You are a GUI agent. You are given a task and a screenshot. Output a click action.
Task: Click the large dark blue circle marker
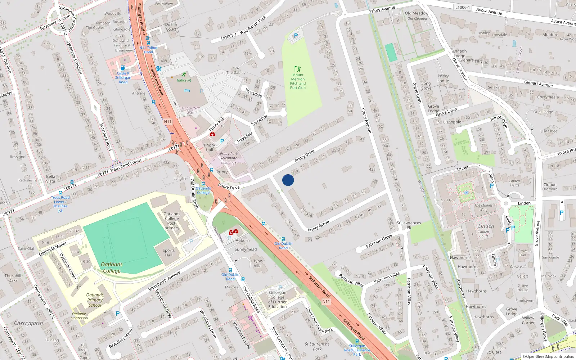[x=288, y=180]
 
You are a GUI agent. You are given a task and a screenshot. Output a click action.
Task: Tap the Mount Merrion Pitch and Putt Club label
[x=298, y=81]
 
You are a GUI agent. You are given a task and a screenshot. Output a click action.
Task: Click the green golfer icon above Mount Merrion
[x=297, y=68]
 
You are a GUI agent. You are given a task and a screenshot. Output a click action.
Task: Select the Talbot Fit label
[x=184, y=80]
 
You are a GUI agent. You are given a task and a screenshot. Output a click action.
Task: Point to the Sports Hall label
[x=168, y=253]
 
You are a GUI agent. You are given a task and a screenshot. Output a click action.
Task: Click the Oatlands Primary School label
[x=95, y=300]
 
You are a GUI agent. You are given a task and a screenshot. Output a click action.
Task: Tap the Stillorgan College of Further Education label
[x=277, y=300]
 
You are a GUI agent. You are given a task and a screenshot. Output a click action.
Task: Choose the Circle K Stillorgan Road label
[x=123, y=77]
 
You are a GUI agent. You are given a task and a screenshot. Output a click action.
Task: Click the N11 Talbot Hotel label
[x=148, y=50]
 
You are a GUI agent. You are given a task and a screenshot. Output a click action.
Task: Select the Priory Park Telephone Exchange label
[x=229, y=158]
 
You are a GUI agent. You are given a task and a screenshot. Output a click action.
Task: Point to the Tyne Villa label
[x=258, y=263]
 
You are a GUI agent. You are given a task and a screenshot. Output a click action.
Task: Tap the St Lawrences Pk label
[x=409, y=225]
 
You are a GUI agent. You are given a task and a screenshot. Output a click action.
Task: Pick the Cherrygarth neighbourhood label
[x=28, y=323]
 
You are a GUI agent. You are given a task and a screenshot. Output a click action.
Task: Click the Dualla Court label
[x=171, y=27]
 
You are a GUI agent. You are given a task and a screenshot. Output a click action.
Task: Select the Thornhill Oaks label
[x=13, y=278]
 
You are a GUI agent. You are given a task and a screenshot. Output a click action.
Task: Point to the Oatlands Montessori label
[x=80, y=316]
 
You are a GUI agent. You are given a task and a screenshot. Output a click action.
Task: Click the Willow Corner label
[x=528, y=320]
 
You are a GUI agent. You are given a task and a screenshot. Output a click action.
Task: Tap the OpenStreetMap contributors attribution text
[x=549, y=356]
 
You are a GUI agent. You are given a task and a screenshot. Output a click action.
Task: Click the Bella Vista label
[x=51, y=179]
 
